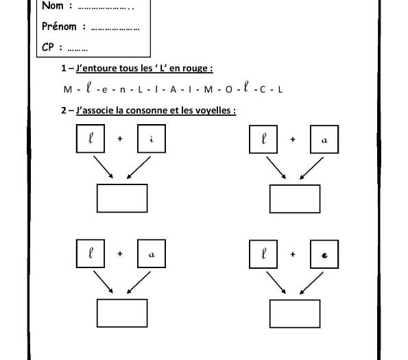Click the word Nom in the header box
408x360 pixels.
tap(53, 5)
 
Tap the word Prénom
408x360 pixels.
tap(59, 26)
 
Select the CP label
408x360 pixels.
tap(48, 47)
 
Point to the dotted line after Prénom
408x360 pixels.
tap(115, 29)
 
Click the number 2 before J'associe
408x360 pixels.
tap(64, 110)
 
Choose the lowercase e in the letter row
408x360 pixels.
tap(104, 90)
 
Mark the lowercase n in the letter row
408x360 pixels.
tap(123, 90)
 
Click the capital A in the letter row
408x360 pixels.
tap(173, 90)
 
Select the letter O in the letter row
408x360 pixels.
tap(229, 90)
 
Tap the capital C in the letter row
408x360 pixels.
tap(263, 90)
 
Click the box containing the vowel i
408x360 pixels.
tap(152, 139)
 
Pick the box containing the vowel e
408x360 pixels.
tap(324, 254)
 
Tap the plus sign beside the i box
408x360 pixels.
tap(120, 139)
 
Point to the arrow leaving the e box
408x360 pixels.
tap(311, 283)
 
